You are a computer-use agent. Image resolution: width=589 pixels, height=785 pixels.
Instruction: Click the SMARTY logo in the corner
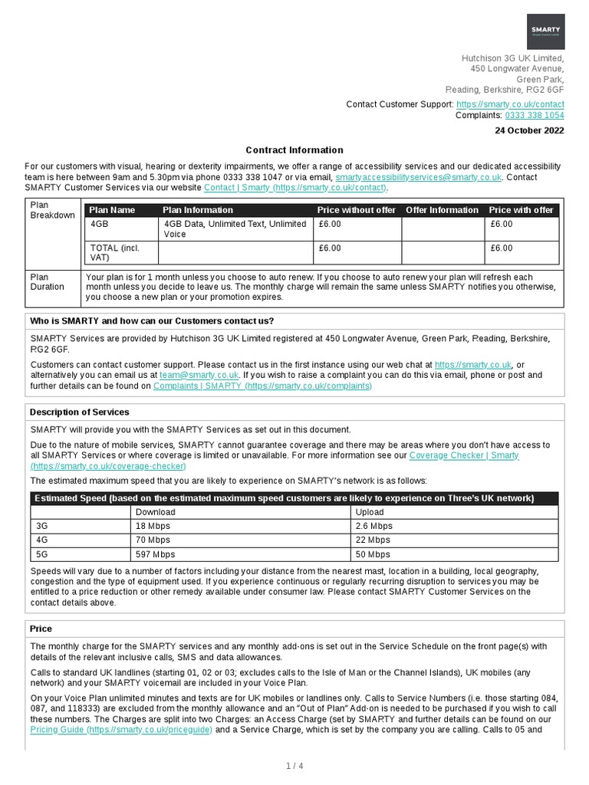545,31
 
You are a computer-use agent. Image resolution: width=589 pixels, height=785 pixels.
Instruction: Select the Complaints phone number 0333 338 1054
534,115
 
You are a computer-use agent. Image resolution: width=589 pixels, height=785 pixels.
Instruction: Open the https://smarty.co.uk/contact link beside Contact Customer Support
510,104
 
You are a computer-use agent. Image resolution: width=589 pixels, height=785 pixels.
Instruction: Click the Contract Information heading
294,150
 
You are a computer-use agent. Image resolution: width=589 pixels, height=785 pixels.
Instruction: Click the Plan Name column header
113,210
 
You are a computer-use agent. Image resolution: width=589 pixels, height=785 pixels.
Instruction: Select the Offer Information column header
442,210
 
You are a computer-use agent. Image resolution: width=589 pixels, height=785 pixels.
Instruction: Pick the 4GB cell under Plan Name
100,224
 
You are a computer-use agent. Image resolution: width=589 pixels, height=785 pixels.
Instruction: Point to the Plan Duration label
48,282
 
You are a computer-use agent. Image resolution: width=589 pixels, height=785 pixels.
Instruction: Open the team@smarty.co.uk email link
199,376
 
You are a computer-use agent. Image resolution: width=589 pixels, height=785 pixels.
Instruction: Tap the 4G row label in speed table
42,540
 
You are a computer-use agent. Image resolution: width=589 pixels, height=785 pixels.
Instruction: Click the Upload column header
370,512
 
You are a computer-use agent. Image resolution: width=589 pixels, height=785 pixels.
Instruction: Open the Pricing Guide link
121,730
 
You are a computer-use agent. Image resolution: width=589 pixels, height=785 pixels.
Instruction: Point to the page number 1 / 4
294,766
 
